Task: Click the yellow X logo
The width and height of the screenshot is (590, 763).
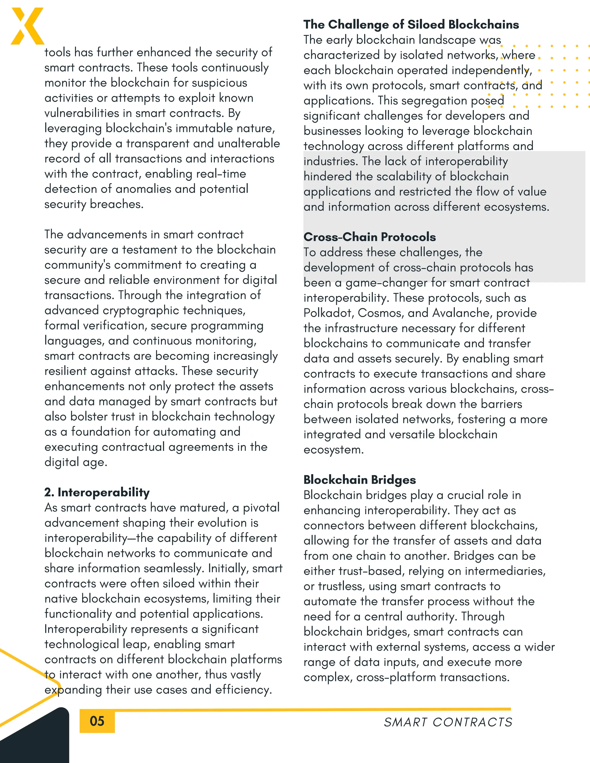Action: coord(27,26)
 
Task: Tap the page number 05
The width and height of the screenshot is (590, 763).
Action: coord(97,721)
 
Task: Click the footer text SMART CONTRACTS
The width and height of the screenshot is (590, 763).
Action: coord(448,722)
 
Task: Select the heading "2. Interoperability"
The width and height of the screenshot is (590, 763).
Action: coord(97,492)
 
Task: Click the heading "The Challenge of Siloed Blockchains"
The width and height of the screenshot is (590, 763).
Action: coord(411,24)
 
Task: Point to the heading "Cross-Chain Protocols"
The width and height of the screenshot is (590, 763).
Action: coord(369,237)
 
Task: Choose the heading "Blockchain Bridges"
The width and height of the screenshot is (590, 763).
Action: coord(360,480)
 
